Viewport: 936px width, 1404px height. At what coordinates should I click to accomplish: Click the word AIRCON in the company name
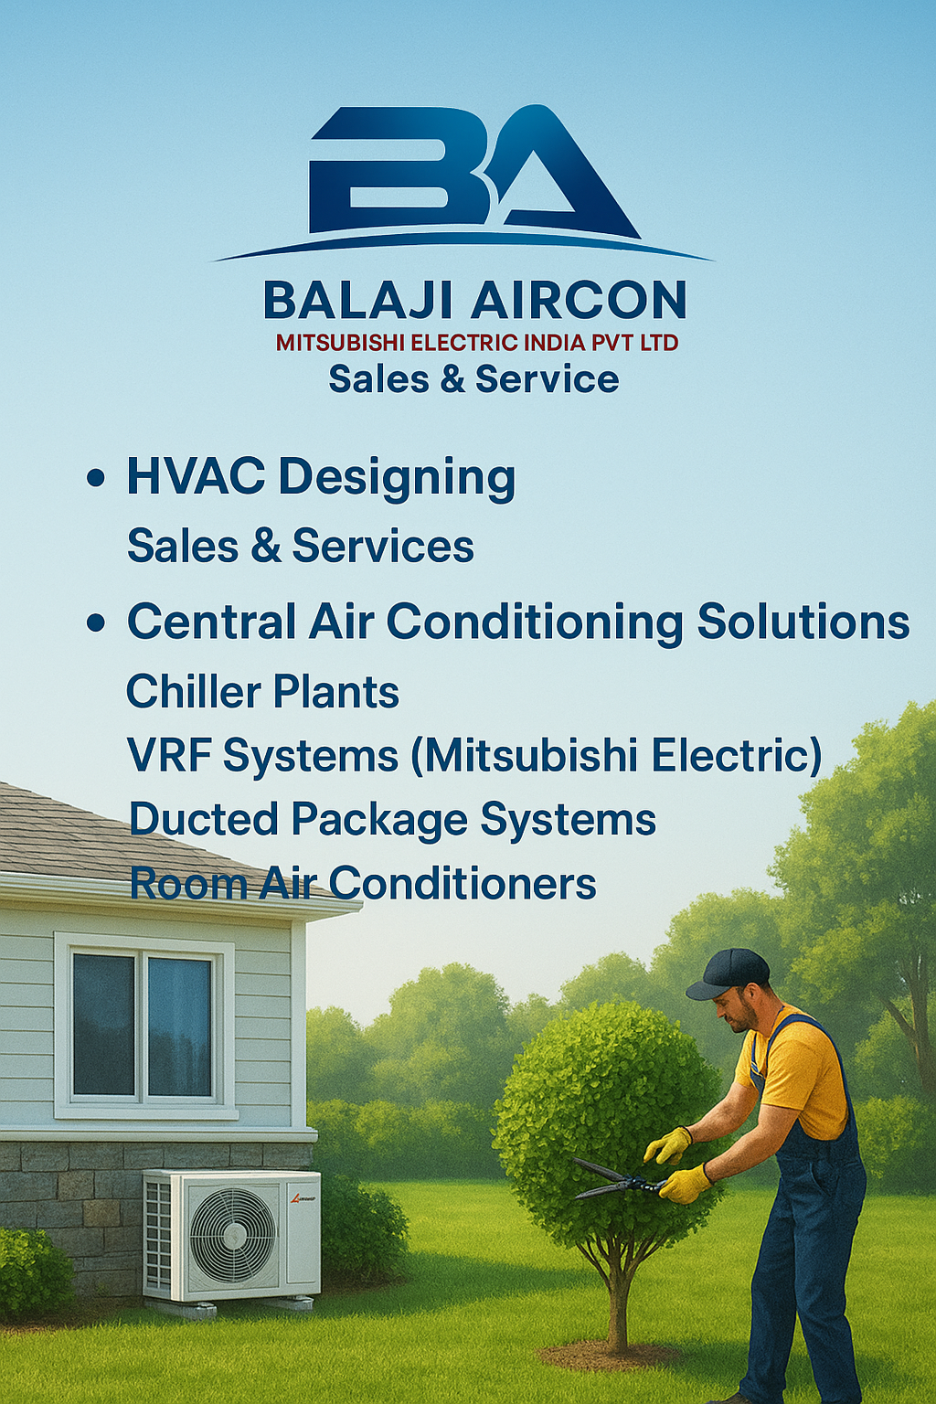click(x=579, y=301)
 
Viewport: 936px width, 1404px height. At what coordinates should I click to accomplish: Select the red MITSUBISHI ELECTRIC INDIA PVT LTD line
click(x=477, y=343)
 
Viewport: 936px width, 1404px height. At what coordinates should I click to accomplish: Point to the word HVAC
click(x=196, y=476)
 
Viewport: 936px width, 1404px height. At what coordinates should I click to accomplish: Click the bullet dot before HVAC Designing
click(x=95, y=478)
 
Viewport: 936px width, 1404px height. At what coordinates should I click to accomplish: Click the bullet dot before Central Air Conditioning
click(x=95, y=623)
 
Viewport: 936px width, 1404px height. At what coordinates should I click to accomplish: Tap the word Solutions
click(x=803, y=622)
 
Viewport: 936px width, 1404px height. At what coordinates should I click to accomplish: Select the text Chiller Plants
click(x=262, y=692)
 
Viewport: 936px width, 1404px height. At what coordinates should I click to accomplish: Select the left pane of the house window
click(x=103, y=1024)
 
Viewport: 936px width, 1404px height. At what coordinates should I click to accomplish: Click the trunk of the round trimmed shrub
click(x=620, y=1298)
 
